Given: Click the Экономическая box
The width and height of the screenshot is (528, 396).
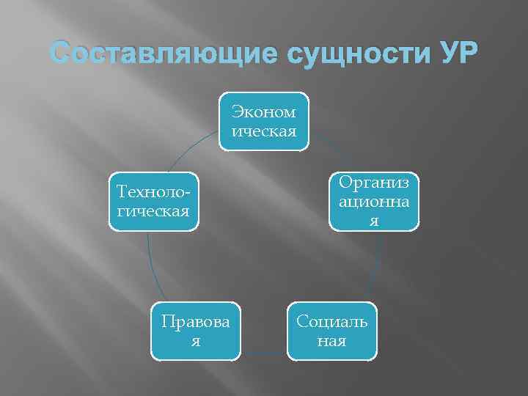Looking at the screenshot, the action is point(264,121).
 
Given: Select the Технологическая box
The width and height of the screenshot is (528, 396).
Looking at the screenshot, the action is point(153,202).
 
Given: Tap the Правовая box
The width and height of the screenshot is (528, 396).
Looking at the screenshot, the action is point(196,331).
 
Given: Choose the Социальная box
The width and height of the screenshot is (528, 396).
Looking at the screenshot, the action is point(331,331).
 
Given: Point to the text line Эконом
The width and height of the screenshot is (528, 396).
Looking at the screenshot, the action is point(264,112).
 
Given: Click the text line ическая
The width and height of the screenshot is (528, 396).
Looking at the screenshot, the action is point(264,131).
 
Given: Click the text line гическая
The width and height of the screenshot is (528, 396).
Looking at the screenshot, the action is point(153,211).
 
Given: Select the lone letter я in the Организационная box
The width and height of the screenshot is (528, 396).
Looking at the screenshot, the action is point(374,221).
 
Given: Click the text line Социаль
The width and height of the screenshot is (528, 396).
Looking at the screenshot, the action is point(331,322).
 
